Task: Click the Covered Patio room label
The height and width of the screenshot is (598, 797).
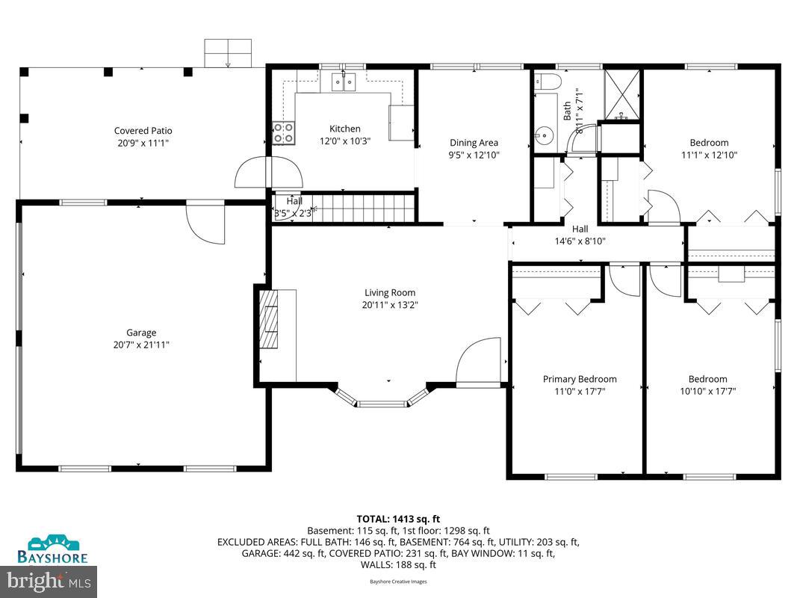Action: [143, 131]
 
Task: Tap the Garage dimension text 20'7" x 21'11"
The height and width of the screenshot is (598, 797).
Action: [141, 345]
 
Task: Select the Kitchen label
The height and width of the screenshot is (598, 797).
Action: [345, 129]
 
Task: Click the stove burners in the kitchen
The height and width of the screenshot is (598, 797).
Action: [283, 133]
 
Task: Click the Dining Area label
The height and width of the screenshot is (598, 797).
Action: [474, 143]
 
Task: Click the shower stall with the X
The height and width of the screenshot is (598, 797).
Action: [621, 94]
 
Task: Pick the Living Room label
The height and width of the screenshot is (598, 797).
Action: [390, 292]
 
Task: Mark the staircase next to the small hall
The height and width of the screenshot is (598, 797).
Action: [362, 207]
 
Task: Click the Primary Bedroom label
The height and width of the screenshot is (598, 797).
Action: [580, 379]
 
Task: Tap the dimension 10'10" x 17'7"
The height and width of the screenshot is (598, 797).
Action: [708, 391]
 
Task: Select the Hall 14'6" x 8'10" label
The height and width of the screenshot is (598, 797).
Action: [580, 235]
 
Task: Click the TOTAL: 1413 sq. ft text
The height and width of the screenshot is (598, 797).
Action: [397, 517]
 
